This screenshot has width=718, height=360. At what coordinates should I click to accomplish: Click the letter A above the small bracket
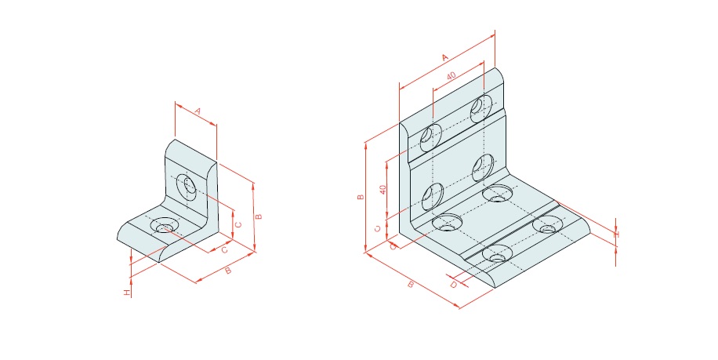(198, 111)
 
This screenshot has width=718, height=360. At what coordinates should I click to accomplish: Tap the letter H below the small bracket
(127, 293)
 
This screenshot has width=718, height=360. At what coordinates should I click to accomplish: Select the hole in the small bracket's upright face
(187, 187)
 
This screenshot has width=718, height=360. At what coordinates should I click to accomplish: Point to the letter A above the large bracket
(445, 57)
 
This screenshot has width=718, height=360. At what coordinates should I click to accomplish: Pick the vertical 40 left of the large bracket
(383, 190)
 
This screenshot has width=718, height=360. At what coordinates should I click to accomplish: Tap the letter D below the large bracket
(453, 285)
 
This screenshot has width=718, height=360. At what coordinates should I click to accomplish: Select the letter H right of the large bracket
(616, 235)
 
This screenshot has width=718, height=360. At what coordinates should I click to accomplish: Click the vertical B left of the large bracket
(361, 197)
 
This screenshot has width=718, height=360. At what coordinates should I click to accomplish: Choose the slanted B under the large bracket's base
(411, 285)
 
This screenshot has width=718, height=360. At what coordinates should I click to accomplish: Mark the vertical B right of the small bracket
(259, 216)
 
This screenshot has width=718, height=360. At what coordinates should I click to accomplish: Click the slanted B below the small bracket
(228, 271)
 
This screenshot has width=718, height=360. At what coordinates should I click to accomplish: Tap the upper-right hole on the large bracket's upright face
(481, 108)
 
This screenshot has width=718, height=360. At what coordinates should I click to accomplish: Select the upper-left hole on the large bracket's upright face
(431, 137)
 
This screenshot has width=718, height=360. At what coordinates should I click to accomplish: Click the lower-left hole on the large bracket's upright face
(432, 197)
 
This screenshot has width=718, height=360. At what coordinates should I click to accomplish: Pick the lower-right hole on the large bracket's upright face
(483, 168)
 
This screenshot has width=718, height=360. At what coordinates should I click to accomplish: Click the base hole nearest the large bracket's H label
(548, 224)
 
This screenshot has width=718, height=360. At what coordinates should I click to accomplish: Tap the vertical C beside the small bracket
(238, 224)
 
